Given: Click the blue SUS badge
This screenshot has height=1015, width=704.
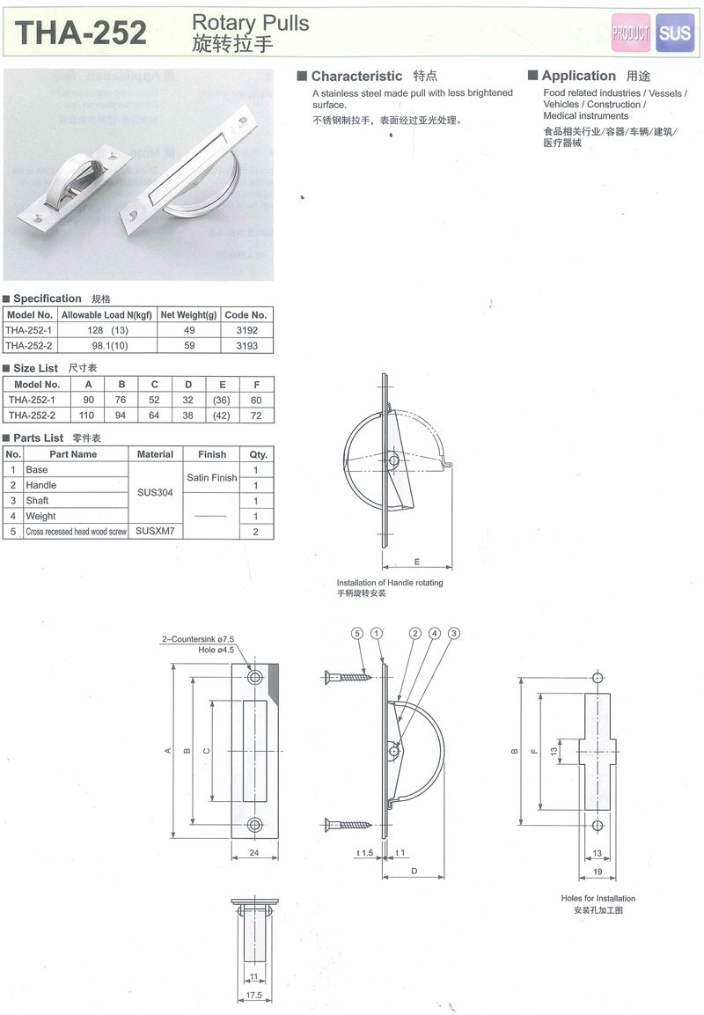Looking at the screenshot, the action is point(674,33).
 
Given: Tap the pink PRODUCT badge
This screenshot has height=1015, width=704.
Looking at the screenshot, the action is point(631,33).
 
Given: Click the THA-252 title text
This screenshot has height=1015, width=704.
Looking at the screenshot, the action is point(81,33).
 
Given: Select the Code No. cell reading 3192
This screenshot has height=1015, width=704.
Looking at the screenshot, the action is point(247,330).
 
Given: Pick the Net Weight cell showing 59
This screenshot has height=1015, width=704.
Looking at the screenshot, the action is point(189,346).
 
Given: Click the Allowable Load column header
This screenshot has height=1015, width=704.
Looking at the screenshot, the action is point(106,314).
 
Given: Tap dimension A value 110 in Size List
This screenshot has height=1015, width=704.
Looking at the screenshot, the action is point(87,416).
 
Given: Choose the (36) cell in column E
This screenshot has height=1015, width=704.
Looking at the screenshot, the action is point(221,400).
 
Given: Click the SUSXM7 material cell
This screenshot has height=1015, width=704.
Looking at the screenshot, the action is point(155,531).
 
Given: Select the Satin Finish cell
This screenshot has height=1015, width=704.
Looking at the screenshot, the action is point(211,478).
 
